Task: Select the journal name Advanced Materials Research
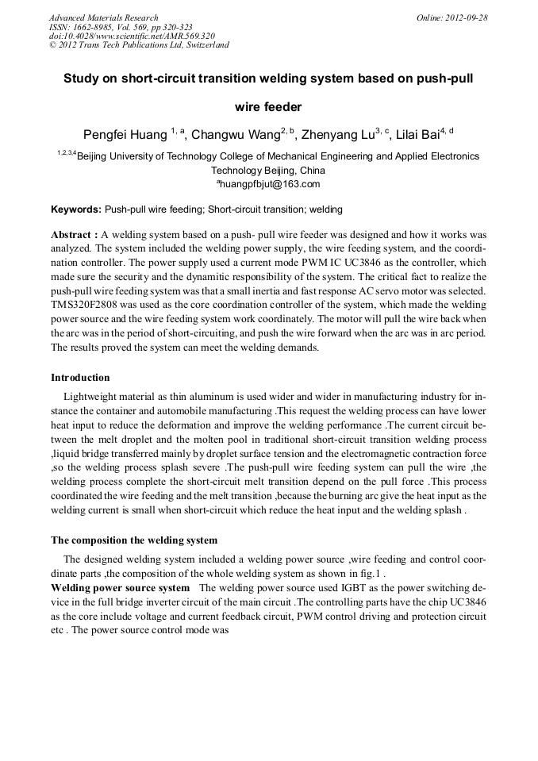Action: tap(103, 17)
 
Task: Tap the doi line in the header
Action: tap(131, 36)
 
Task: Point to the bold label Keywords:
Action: tap(75, 209)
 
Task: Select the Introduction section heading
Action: tap(80, 377)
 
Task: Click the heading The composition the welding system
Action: tap(134, 540)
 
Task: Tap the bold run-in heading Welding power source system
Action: tap(120, 588)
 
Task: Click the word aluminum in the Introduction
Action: tap(194, 396)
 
